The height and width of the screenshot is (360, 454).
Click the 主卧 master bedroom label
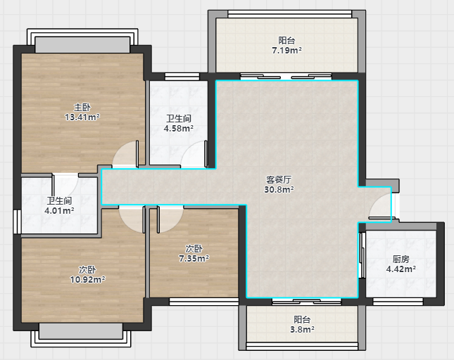click(82, 108)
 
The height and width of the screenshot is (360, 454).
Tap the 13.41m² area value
click(82, 117)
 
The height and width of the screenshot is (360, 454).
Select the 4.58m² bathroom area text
click(179, 128)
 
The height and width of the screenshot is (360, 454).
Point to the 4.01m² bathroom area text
click(59, 210)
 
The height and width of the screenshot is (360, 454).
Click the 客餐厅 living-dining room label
click(279, 180)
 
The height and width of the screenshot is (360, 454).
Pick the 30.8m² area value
click(279, 189)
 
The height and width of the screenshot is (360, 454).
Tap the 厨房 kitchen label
click(401, 259)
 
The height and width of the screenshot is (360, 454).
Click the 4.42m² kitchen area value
click(401, 269)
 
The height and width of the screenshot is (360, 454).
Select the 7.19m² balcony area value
click(286, 51)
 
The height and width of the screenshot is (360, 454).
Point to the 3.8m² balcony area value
click(302, 329)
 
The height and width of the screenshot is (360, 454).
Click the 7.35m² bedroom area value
click(194, 258)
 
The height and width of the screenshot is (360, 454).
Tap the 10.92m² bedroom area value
click(87, 279)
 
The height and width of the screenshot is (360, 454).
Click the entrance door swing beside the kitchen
click(380, 207)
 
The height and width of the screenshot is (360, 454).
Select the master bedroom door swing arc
click(125, 154)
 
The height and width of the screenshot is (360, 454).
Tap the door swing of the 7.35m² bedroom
click(170, 220)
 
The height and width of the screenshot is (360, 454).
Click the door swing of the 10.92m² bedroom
click(132, 220)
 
